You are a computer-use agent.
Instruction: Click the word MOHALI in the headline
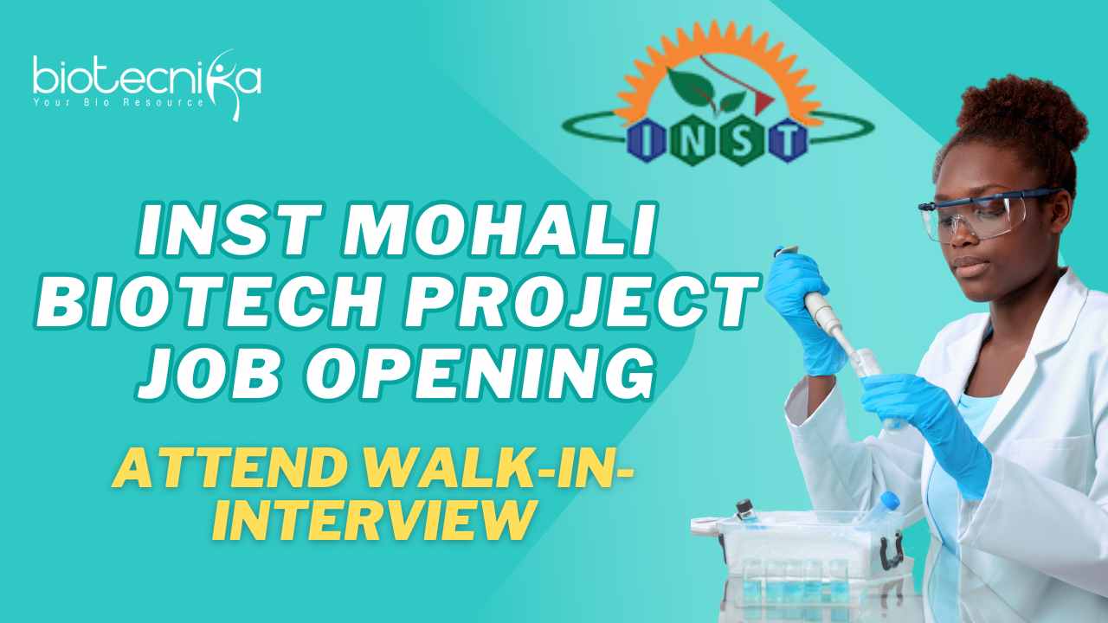coord(499,229)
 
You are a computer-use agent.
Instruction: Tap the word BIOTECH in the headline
coord(208,302)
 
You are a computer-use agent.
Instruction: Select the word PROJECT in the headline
coord(582,302)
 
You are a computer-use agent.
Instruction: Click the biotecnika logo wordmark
coord(147,79)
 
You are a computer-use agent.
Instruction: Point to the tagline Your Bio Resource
coord(119,103)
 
